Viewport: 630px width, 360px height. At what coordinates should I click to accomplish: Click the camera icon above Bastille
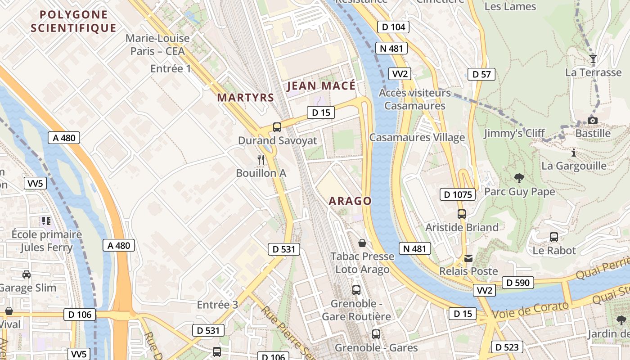coord(593,120)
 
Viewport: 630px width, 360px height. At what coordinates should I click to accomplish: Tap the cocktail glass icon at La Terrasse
coord(593,59)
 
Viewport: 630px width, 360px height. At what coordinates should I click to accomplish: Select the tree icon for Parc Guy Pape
coord(519,178)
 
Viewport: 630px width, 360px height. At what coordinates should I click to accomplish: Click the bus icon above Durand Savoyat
coord(277,127)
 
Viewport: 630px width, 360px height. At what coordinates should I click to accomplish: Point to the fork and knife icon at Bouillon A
coord(261,159)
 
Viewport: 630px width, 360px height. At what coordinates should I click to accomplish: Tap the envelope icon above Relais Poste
coord(468,258)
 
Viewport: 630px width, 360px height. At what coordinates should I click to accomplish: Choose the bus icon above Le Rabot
coord(554,237)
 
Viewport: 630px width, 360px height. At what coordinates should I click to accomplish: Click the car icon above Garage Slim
coord(27,274)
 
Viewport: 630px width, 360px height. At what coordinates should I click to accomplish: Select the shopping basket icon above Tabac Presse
coord(362,243)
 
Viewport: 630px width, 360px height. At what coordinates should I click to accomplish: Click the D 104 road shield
coord(393,27)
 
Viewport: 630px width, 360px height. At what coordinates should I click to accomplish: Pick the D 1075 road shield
coord(457,194)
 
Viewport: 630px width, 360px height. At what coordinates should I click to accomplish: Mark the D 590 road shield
coord(517,283)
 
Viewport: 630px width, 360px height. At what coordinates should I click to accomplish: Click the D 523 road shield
coord(507,347)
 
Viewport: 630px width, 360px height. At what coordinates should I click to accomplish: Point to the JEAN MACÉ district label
coord(321,85)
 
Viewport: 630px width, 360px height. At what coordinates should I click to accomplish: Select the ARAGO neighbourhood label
coord(350,201)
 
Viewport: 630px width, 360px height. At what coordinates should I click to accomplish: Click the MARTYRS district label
coord(245,97)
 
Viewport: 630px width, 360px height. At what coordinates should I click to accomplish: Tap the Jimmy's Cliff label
coord(514,133)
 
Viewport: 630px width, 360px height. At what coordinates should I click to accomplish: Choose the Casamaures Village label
coord(417,137)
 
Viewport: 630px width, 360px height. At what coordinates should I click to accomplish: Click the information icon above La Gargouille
coord(573,153)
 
